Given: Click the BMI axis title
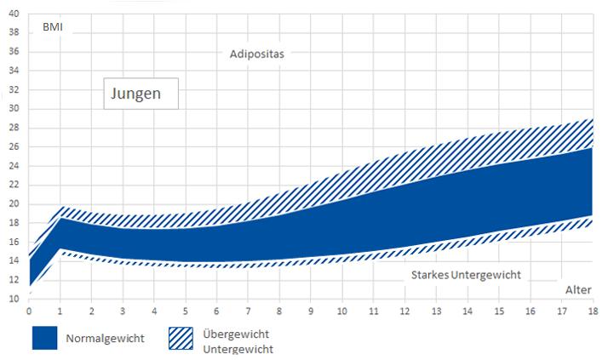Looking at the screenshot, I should [53, 26].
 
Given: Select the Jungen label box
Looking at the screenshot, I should [141, 94].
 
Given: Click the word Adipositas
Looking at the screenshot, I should [256, 54].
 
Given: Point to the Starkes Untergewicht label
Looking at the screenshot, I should [465, 275].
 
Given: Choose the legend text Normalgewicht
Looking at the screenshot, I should [105, 339].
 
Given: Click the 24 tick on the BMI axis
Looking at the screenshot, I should [13, 166].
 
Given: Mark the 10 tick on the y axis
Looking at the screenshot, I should [13, 299].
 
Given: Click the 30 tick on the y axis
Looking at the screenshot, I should [13, 109].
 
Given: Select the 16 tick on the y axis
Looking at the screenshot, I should [13, 242].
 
